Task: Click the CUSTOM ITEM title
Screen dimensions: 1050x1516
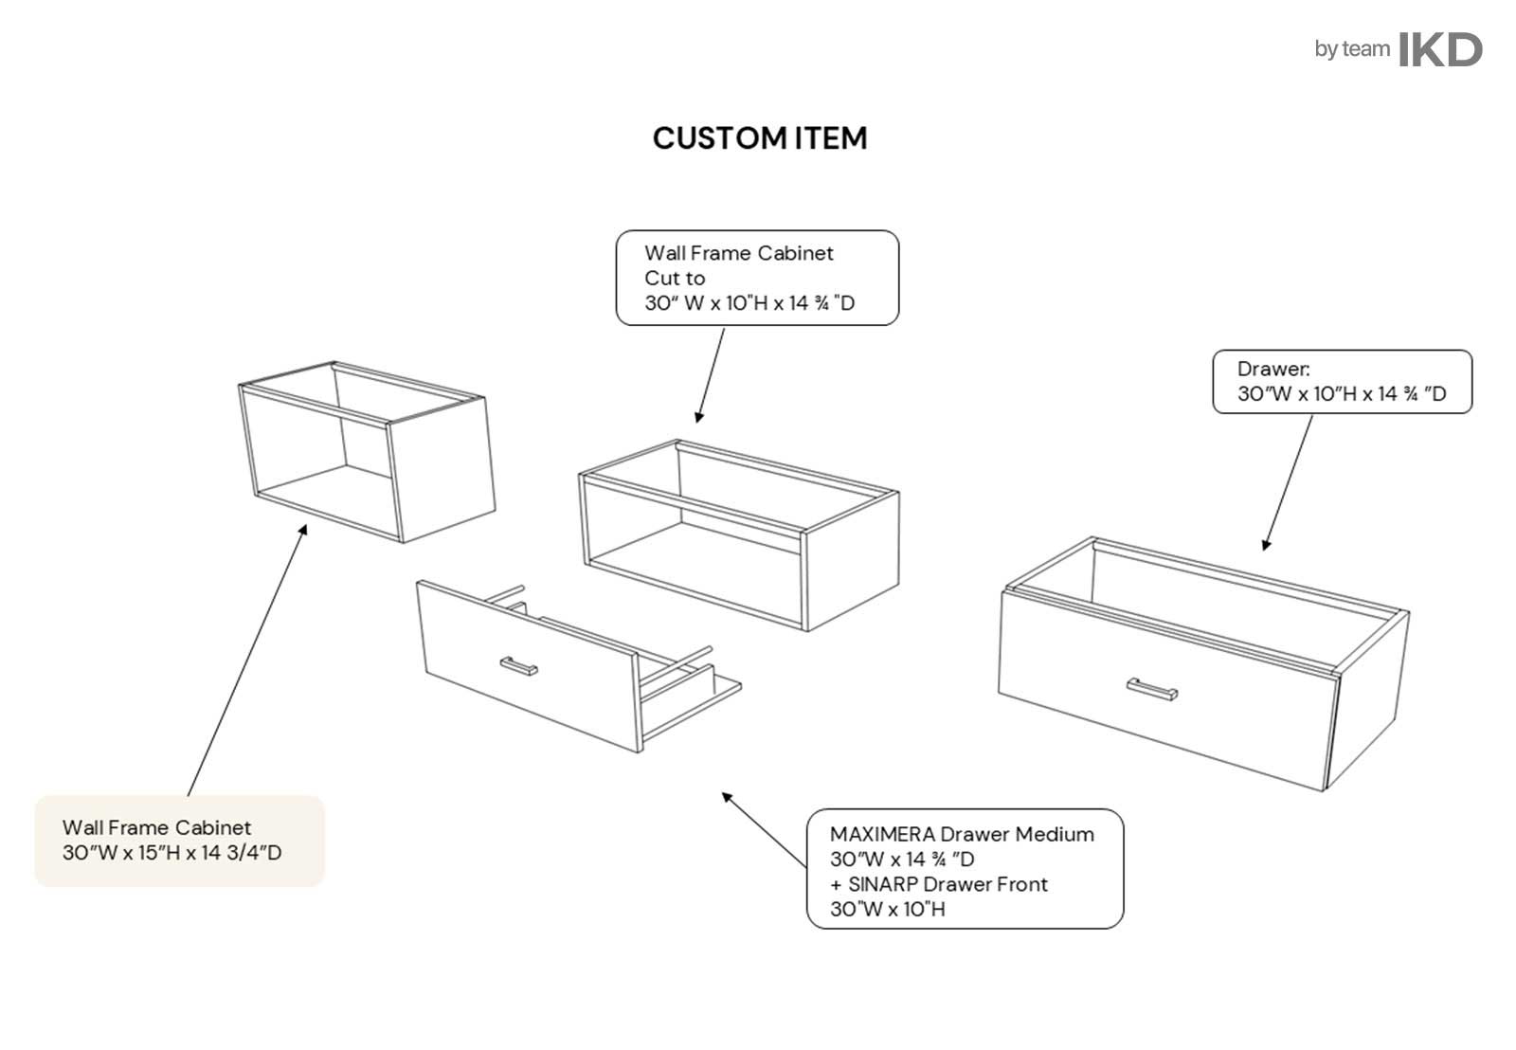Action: pyautogui.click(x=759, y=138)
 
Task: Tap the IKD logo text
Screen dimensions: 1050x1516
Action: pyautogui.click(x=1440, y=49)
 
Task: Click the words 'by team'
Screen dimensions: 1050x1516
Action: pyautogui.click(x=1351, y=49)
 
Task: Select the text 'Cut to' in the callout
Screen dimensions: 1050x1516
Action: pyautogui.click(x=675, y=279)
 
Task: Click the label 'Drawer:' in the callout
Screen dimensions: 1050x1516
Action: pyautogui.click(x=1273, y=370)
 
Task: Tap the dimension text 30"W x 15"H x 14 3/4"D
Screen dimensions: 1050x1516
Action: pyautogui.click(x=171, y=853)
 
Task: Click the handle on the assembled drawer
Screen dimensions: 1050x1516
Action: pyautogui.click(x=1152, y=689)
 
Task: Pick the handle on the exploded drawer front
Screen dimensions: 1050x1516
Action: pyautogui.click(x=518, y=666)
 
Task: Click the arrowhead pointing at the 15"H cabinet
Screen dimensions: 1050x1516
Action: pyautogui.click(x=304, y=528)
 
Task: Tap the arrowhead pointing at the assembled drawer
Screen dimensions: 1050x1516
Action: pyautogui.click(x=1266, y=545)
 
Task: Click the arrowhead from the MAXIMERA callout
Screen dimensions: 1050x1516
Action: pyautogui.click(x=727, y=797)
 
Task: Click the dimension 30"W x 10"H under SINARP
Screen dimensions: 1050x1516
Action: pyautogui.click(x=887, y=910)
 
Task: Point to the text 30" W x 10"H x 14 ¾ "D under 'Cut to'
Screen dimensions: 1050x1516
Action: pyautogui.click(x=749, y=303)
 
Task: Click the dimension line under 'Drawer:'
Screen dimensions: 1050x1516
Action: pyautogui.click(x=1342, y=394)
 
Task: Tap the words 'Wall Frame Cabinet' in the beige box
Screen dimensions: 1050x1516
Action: pyautogui.click(x=156, y=828)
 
